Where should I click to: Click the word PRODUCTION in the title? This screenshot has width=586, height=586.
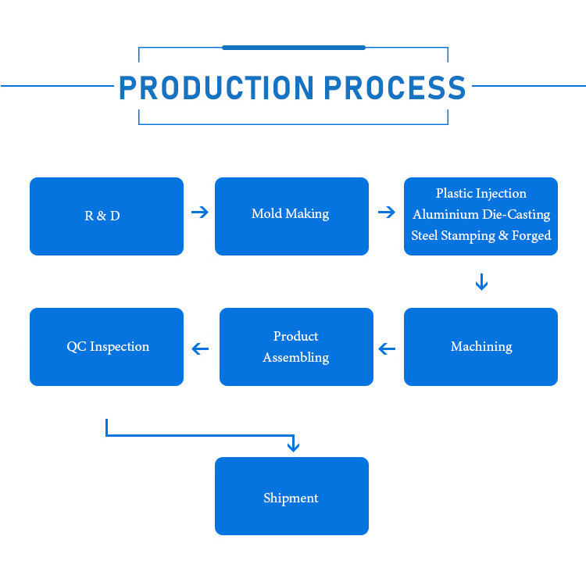[216, 88]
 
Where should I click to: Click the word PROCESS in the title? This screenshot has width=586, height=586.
[395, 88]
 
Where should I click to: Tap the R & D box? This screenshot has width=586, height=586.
[106, 216]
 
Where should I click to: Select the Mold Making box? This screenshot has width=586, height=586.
[291, 216]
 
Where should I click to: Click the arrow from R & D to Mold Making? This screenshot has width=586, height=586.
[200, 213]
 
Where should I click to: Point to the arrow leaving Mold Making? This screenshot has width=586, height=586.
[387, 213]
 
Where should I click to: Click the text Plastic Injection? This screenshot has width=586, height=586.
[481, 194]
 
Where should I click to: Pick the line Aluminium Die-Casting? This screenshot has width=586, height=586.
[481, 215]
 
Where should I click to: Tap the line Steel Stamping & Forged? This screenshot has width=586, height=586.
[481, 236]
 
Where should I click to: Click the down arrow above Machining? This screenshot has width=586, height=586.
[481, 282]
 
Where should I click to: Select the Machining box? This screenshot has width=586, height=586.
[481, 347]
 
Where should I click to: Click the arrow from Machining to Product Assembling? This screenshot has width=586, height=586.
[387, 349]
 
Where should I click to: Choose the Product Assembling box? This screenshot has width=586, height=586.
[296, 347]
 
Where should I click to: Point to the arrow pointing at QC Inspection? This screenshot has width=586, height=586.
[200, 349]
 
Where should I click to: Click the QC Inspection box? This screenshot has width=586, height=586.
[106, 347]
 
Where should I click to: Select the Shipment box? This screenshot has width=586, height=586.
[291, 496]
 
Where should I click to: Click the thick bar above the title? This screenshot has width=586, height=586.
[294, 48]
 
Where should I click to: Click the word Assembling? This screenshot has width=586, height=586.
[296, 358]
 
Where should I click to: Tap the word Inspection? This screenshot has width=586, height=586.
[120, 347]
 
